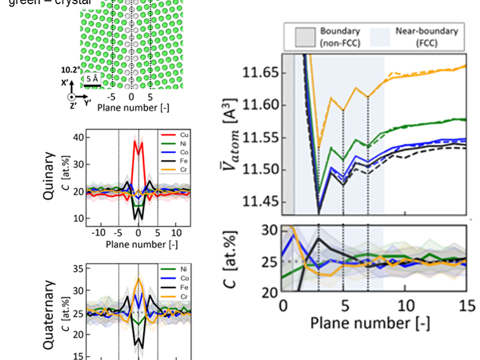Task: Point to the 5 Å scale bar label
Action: click(92, 79)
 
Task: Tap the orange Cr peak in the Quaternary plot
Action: click(139, 278)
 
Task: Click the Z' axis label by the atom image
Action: click(73, 106)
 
